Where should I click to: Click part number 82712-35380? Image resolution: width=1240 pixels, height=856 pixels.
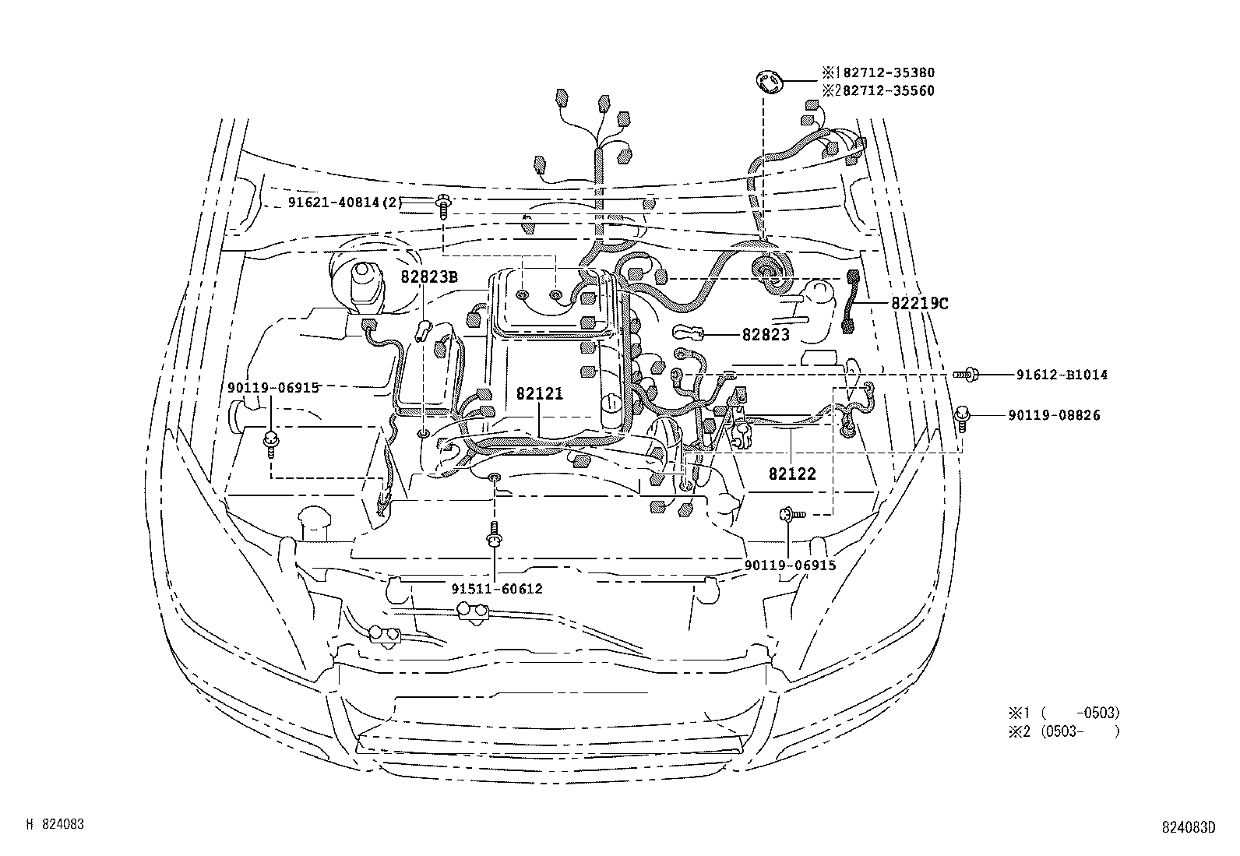883,72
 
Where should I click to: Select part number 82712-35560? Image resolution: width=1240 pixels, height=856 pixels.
883,90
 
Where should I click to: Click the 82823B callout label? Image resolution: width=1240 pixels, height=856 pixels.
429,277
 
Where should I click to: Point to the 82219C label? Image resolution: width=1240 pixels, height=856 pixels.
920,304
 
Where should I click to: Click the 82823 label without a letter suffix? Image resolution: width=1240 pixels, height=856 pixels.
766,335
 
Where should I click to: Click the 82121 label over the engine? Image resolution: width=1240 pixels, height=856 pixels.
539,394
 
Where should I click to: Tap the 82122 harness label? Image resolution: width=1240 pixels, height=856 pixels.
792,474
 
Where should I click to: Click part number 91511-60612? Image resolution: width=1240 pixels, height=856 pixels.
497,589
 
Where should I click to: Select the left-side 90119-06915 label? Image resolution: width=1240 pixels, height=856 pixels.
273,387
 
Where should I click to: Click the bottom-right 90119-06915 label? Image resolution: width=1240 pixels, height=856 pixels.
790,565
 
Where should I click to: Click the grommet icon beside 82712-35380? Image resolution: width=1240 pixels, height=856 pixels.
769,81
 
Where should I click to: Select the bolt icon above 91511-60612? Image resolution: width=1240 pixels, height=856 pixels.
494,535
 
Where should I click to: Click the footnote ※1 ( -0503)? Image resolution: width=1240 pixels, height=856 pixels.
1064,713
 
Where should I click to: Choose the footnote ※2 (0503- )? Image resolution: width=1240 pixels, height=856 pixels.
1064,731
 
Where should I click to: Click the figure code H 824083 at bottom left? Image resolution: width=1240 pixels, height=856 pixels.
55,823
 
